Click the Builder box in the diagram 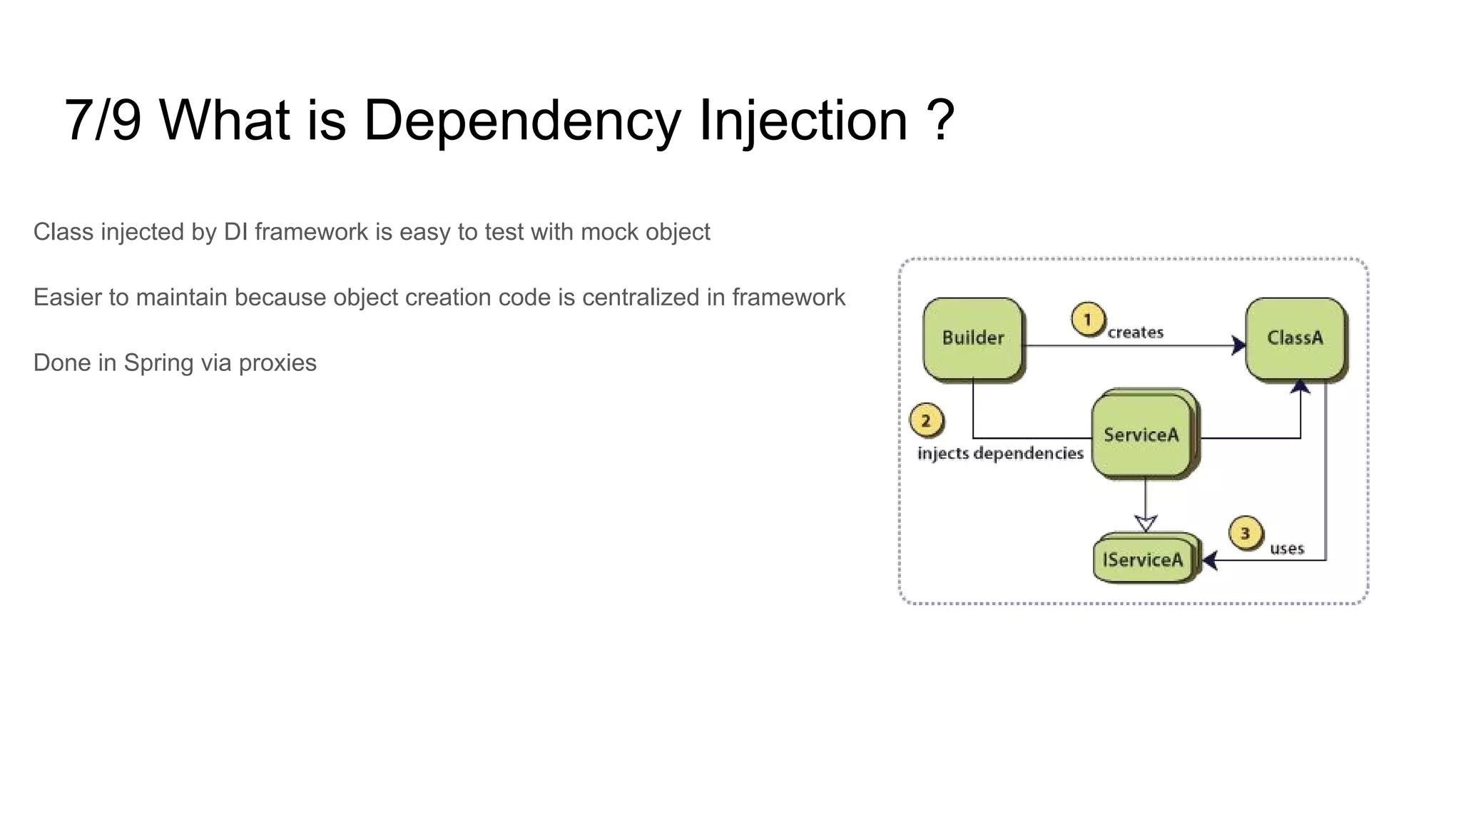[x=972, y=338]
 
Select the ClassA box [x=1295, y=338]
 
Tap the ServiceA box [x=1141, y=435]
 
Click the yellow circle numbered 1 [x=1088, y=320]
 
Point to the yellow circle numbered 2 [x=926, y=421]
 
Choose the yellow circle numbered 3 [x=1246, y=534]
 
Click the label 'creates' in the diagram [x=1135, y=333]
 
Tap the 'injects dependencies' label [x=1000, y=454]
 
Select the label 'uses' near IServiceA [x=1287, y=549]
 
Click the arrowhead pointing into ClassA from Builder [x=1239, y=346]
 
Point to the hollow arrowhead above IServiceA [x=1146, y=524]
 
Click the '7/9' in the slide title [x=103, y=120]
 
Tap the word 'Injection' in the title [x=803, y=120]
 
